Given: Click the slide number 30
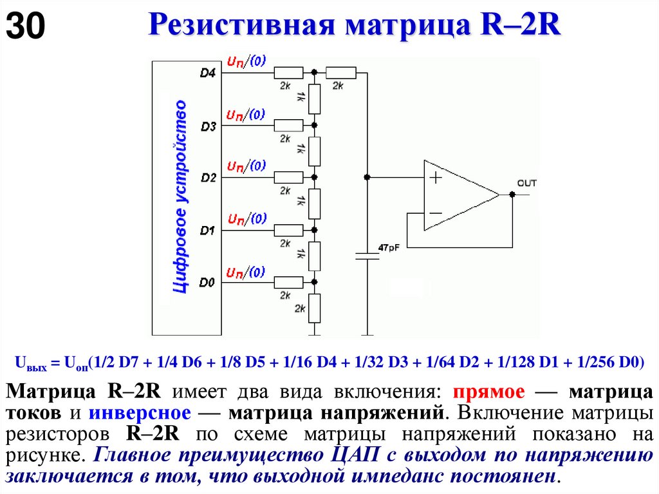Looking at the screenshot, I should point(26,27).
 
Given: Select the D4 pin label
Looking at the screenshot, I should point(208,73).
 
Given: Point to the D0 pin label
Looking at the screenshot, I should point(207,282).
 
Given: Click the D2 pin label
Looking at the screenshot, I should point(208,177).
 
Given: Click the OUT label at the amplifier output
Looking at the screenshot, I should point(526,184).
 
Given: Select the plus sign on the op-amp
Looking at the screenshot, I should point(436,177).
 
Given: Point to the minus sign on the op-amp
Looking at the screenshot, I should point(436,213).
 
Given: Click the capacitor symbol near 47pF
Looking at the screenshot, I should point(367,256).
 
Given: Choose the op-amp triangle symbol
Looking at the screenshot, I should point(458,195).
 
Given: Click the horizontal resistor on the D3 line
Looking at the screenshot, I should point(288,125).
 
